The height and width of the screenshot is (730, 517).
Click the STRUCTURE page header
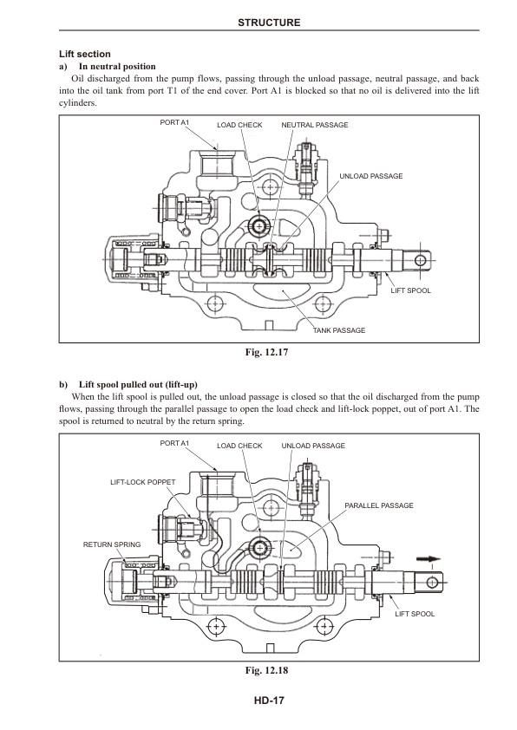pyautogui.click(x=269, y=23)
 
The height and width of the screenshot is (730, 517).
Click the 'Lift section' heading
pyautogui.click(x=84, y=54)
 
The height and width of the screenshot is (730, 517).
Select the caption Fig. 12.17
pyautogui.click(x=269, y=352)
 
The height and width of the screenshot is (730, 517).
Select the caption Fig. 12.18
pyautogui.click(x=269, y=670)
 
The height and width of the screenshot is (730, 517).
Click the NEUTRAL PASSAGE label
pyautogui.click(x=315, y=126)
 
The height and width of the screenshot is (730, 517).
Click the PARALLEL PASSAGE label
pyautogui.click(x=378, y=505)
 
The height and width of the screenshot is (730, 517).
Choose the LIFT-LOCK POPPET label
pyautogui.click(x=143, y=480)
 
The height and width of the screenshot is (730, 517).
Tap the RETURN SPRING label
pyautogui.click(x=111, y=544)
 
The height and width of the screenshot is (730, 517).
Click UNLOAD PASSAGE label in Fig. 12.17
pyautogui.click(x=370, y=176)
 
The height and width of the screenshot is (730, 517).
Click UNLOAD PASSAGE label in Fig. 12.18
pyautogui.click(x=313, y=446)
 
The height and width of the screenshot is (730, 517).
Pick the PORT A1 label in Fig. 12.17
pyautogui.click(x=174, y=122)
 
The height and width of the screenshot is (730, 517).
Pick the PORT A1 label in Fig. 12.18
pyautogui.click(x=174, y=442)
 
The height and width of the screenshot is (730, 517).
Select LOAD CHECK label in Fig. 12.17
pyautogui.click(x=239, y=126)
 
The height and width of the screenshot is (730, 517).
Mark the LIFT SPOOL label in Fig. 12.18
pyautogui.click(x=415, y=613)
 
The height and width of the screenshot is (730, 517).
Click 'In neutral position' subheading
pyautogui.click(x=116, y=66)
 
